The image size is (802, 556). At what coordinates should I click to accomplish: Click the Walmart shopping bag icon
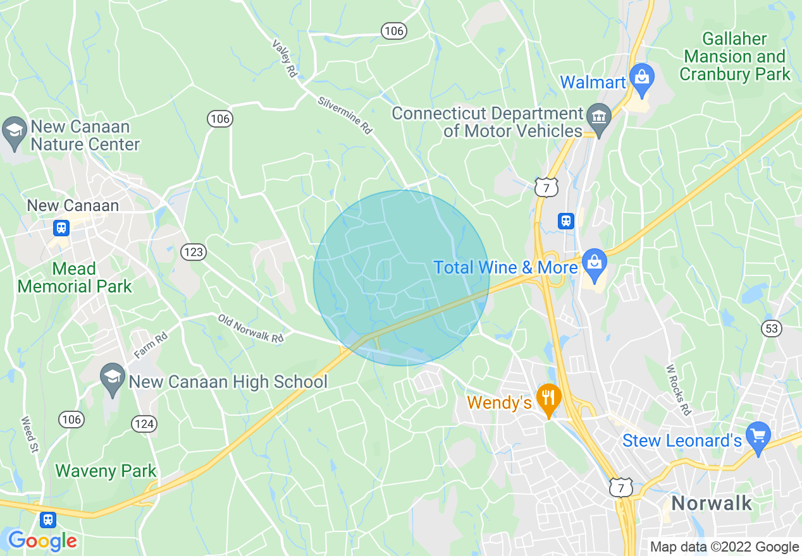pos(642,78)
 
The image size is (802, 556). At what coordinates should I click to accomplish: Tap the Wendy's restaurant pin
pos(548,397)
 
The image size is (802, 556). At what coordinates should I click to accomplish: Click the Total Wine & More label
pos(505,267)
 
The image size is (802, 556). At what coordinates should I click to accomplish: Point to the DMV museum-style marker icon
pos(598,116)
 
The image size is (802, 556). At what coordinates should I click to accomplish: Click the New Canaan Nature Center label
pos(85,135)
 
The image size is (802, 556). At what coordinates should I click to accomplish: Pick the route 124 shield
pos(145,424)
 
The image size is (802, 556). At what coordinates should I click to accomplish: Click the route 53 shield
pos(772,329)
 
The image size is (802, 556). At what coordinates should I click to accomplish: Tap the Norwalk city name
pos(712,504)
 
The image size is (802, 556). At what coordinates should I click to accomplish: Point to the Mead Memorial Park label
pos(75,277)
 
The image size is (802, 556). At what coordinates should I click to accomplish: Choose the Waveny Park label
pos(106,471)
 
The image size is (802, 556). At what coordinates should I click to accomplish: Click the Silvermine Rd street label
pos(345,115)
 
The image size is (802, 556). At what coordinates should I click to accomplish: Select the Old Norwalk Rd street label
pos(251,329)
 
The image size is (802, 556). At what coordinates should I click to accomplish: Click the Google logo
pos(42,541)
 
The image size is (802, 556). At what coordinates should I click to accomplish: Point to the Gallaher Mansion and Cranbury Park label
pos(734,56)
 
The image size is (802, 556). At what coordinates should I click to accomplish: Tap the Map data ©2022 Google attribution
pos(724,547)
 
